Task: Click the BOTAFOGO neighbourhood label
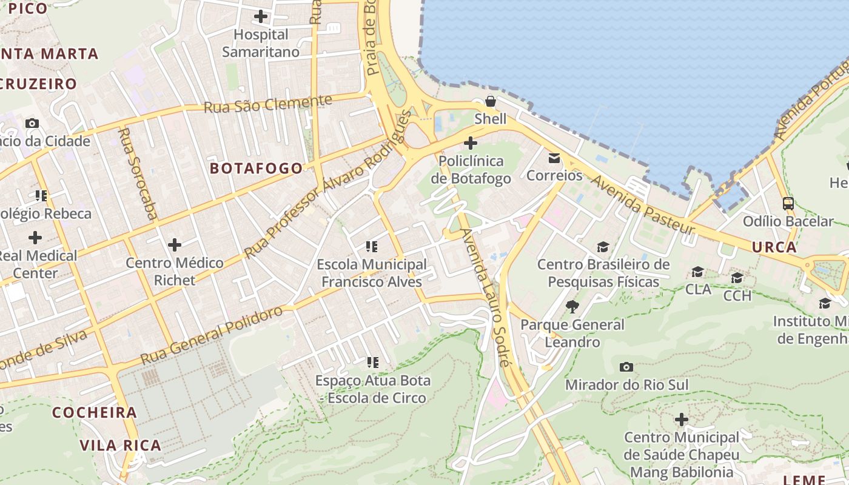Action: (x=256, y=169)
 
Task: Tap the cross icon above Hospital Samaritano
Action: (x=261, y=16)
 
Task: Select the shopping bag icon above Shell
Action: (x=490, y=101)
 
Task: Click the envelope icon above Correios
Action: (x=554, y=158)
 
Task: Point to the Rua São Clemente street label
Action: (x=268, y=104)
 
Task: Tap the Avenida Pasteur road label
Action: (x=643, y=205)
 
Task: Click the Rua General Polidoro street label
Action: (x=212, y=335)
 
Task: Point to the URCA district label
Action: (x=774, y=247)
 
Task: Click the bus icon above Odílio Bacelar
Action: (x=788, y=204)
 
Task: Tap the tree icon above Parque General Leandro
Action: (x=572, y=307)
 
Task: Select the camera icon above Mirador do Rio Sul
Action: (x=626, y=367)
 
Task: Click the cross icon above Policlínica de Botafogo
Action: (x=470, y=144)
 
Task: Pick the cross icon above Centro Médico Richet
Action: (x=175, y=245)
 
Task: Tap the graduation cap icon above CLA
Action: (x=698, y=272)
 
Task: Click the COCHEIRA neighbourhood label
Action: (x=94, y=413)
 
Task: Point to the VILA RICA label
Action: (x=121, y=446)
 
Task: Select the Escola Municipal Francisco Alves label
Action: (x=372, y=273)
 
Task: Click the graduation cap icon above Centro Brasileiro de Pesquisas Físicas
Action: (x=603, y=247)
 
